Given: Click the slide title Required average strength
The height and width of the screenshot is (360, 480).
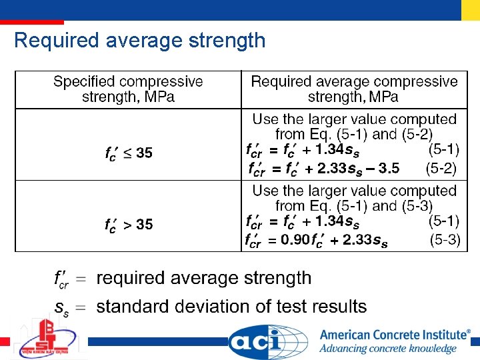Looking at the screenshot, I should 139,41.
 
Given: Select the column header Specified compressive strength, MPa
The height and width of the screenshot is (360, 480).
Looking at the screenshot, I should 128,89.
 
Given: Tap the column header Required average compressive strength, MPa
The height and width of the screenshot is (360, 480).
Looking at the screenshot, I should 354,89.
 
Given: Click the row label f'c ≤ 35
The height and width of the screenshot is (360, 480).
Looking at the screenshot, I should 129,153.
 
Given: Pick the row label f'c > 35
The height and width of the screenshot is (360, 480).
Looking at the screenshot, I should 129,225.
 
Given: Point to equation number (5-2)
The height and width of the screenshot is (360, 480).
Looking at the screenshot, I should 441,168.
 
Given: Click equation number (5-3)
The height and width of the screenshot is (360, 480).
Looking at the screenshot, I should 445,240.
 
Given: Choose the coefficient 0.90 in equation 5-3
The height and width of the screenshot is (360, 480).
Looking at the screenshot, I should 295,240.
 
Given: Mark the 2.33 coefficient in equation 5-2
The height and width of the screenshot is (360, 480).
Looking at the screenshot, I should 331,168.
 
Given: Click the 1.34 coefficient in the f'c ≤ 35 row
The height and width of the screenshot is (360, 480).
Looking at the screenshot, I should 329,149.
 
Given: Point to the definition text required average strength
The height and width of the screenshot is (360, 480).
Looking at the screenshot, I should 204,278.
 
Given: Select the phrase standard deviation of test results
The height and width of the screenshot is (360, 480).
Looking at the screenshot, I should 231,307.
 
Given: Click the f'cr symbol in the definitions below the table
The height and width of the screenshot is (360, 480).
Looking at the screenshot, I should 61,279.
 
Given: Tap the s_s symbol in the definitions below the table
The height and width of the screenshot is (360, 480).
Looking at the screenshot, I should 61,307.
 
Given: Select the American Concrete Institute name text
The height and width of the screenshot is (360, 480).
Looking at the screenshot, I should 395,335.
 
